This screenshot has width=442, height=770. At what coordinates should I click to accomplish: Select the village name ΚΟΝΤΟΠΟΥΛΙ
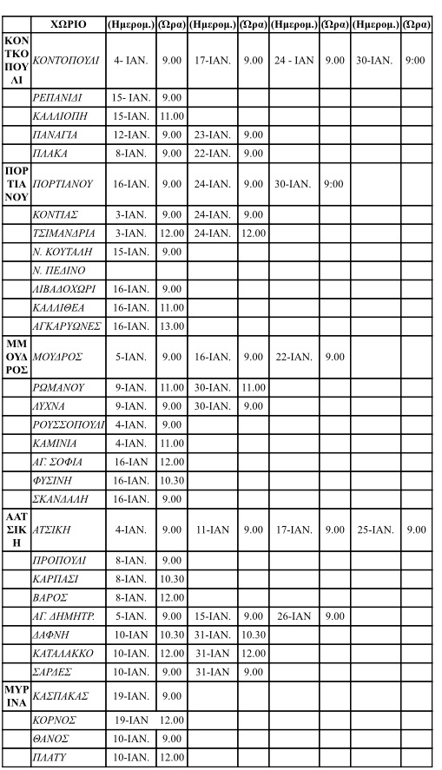(65, 60)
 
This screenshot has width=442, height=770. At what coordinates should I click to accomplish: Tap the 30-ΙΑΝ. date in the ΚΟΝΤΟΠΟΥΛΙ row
(375, 60)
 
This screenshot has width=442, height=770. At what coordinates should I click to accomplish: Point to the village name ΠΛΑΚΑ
(50, 154)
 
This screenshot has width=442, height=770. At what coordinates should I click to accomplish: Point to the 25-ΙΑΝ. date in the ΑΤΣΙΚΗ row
(375, 529)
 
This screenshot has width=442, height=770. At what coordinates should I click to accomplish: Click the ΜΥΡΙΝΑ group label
(16, 695)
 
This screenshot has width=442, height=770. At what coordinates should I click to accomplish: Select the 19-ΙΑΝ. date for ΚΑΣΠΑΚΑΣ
(130, 695)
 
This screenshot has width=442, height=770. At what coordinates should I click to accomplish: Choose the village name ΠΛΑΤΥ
(50, 758)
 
